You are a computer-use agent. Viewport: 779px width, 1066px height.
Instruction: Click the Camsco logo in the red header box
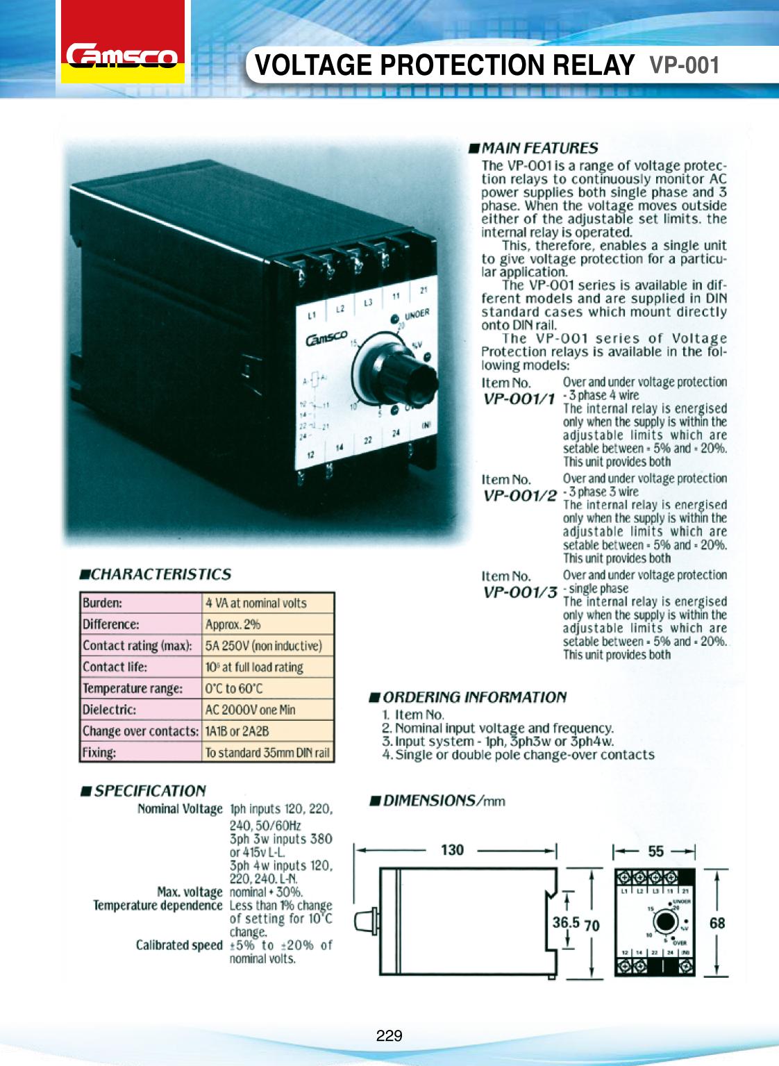(122, 56)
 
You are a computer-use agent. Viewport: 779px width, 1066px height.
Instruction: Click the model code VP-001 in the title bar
(684, 65)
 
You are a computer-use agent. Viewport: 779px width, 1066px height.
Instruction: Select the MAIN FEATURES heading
(539, 148)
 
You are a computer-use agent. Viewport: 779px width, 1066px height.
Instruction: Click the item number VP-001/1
(519, 399)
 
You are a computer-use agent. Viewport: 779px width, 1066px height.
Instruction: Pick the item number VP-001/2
(519, 495)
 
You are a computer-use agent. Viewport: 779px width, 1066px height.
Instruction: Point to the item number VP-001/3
(519, 592)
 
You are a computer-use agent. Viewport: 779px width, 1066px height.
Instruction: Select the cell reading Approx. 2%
(233, 624)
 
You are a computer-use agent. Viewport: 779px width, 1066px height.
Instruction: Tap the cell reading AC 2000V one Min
(250, 710)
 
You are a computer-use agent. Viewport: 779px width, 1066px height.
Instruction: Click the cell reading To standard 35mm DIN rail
(267, 753)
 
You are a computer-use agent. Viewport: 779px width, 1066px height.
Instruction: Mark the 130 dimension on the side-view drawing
(452, 850)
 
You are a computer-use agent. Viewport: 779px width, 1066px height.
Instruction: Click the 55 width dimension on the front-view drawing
(655, 851)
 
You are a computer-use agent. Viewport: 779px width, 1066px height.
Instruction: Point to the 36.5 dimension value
(566, 922)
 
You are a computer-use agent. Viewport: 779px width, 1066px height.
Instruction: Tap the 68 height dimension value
(717, 924)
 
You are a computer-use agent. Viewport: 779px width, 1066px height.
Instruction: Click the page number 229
(389, 1035)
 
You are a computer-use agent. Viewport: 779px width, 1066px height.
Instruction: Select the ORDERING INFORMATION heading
(474, 697)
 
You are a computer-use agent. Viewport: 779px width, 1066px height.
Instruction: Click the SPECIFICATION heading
(149, 791)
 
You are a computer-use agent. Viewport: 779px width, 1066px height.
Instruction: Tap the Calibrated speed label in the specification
(179, 945)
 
